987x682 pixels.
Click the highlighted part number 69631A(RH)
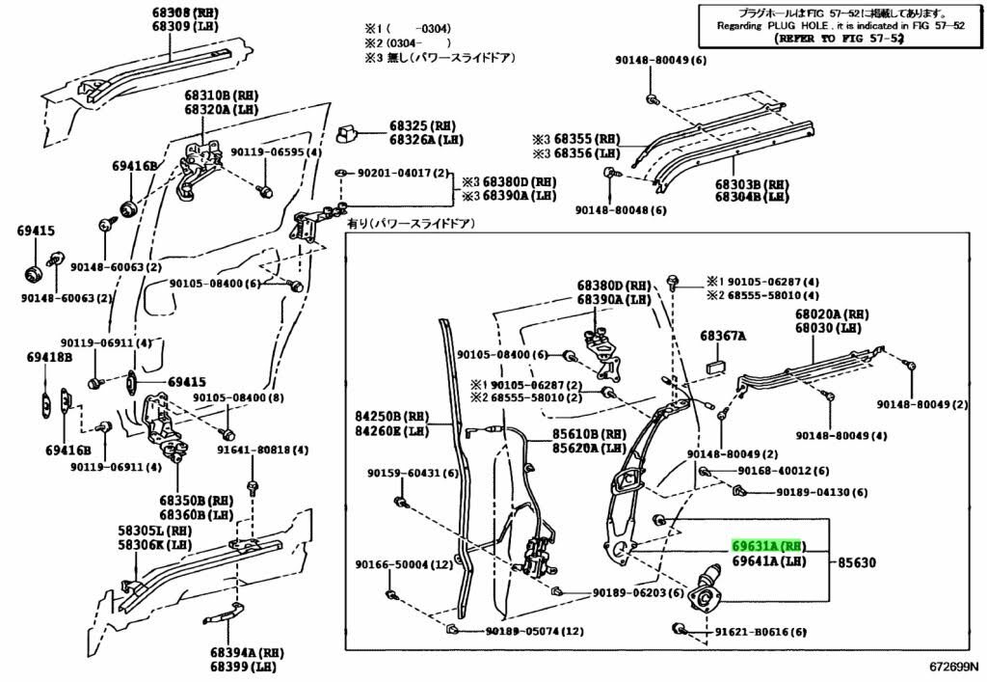pyautogui.click(x=767, y=545)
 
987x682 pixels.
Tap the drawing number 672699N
pyautogui.click(x=953, y=667)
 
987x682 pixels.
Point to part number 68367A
pyautogui.click(x=723, y=336)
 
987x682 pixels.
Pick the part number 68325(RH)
pyautogui.click(x=422, y=126)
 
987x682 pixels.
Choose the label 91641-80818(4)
pyautogui.click(x=262, y=450)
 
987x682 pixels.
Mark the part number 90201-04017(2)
pyautogui.click(x=404, y=174)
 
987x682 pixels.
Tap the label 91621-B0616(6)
pyautogui.click(x=760, y=633)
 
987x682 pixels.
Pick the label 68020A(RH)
pyautogui.click(x=832, y=314)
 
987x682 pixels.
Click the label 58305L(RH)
pyautogui.click(x=155, y=531)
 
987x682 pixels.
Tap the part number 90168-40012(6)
pyautogui.click(x=783, y=471)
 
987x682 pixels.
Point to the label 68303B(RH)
pyautogui.click(x=752, y=182)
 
